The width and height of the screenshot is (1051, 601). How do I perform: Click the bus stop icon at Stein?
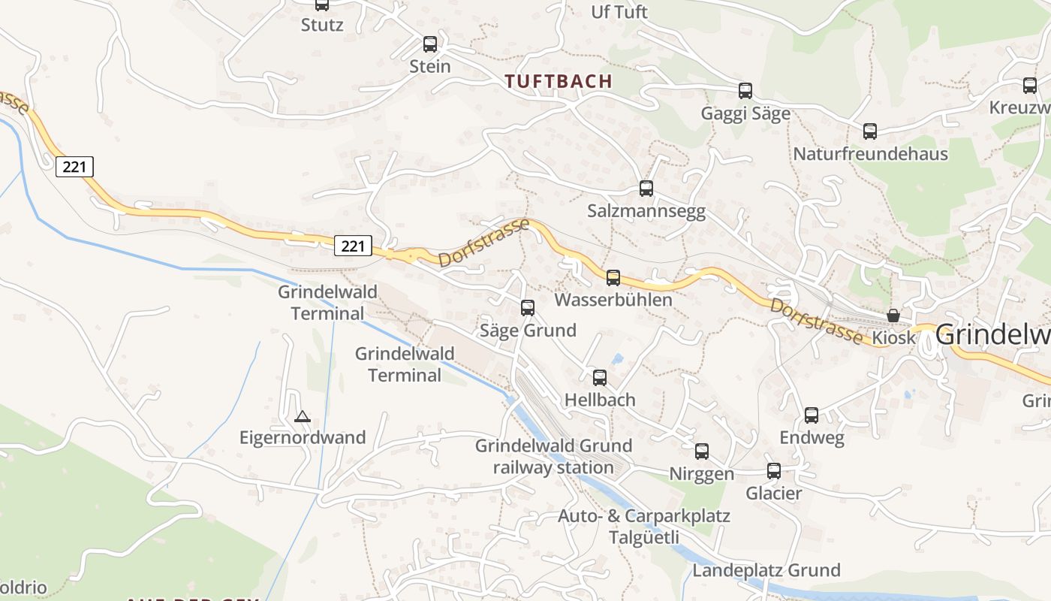(430, 44)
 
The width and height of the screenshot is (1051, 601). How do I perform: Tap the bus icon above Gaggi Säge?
(745, 91)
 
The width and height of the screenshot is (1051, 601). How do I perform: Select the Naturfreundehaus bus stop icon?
(870, 131)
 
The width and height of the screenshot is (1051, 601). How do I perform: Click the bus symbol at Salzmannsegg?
(646, 189)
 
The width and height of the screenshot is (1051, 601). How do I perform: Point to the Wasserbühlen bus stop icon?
(613, 278)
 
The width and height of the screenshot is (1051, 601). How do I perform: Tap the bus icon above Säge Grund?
(528, 307)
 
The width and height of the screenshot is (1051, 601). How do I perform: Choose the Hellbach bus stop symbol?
(600, 378)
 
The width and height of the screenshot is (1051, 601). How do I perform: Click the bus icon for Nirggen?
(702, 452)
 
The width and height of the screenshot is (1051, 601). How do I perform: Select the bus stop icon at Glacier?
(774, 471)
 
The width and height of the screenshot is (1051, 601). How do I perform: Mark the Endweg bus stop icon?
(812, 415)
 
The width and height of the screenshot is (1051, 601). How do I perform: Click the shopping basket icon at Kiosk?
(893, 316)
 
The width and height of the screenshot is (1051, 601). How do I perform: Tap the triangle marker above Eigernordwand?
(303, 416)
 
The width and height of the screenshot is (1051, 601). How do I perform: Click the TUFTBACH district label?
(559, 81)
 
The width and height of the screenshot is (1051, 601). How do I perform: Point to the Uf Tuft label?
(619, 12)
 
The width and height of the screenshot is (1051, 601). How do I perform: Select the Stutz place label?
(322, 25)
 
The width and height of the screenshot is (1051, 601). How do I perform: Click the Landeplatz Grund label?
(766, 570)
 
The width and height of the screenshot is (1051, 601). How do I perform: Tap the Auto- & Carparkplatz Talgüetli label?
(644, 527)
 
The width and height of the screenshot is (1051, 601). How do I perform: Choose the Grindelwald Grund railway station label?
(554, 457)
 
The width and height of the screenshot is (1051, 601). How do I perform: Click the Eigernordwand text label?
(303, 437)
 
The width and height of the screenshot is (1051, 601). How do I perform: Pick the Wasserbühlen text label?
(613, 300)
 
